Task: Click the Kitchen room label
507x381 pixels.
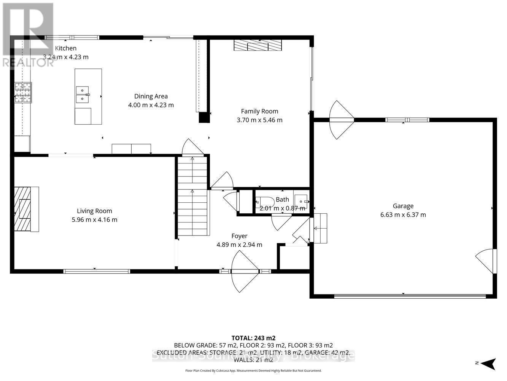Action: click(66, 48)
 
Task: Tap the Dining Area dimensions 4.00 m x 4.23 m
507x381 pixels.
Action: click(151, 105)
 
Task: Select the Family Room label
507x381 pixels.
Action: click(259, 111)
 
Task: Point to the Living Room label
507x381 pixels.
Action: click(94, 211)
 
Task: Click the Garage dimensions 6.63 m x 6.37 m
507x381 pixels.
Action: click(403, 215)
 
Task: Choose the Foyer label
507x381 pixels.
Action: click(239, 236)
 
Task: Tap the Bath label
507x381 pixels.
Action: click(282, 199)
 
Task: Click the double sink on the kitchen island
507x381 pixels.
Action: click(83, 94)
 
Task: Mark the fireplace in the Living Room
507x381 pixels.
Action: click(26, 209)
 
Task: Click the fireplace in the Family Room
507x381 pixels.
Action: click(257, 45)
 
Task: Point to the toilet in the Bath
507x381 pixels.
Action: click(265, 202)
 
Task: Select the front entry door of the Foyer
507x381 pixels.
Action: click(245, 272)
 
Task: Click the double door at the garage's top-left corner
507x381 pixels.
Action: click(341, 120)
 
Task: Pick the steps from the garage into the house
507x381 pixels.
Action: click(319, 228)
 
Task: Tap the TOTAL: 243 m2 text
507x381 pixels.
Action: click(253, 338)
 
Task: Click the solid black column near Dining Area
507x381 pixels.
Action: click(204, 117)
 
